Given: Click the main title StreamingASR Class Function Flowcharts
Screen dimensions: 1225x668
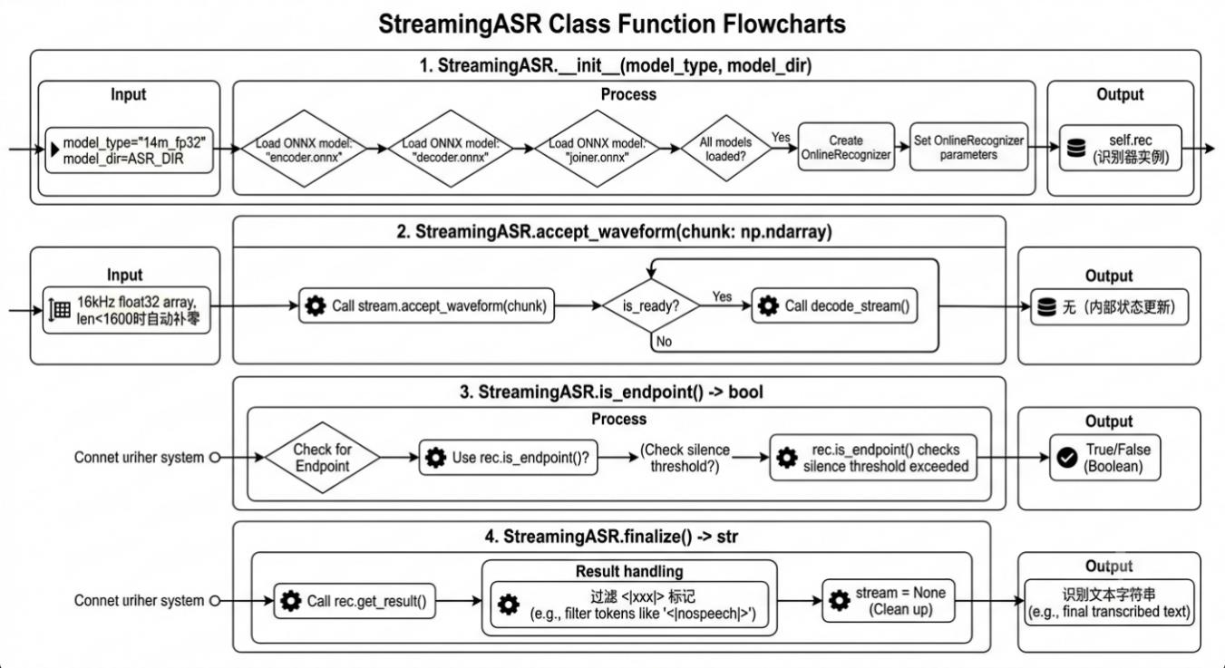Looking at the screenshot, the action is point(612,24).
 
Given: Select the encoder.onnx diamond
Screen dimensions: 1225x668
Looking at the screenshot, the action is point(304,149).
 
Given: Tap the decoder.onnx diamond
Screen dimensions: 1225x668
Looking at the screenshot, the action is point(451,149).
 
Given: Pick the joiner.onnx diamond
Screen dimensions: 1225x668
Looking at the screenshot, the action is point(598,149).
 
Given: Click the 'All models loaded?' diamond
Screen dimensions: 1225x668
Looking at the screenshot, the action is point(725,149).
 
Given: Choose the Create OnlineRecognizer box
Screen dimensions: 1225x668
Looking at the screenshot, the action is point(846,147).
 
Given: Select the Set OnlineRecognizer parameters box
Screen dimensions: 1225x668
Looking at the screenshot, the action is point(968,147).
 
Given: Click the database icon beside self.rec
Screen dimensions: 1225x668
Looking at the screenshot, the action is point(1076,148).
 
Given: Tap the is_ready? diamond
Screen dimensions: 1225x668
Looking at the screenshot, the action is point(651,305).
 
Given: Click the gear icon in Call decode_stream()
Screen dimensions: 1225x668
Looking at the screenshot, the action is point(768,305).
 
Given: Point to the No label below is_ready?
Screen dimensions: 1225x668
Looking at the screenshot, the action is point(664,342).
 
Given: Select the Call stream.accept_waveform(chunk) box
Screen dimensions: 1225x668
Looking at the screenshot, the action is point(426,305).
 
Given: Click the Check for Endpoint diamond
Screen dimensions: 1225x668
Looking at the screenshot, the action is point(322,458).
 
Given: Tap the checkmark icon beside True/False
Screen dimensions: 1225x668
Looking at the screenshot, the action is point(1067,458).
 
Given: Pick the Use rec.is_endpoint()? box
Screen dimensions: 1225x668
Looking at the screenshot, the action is point(508,458).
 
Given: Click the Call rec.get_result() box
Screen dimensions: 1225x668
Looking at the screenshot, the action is point(355,601).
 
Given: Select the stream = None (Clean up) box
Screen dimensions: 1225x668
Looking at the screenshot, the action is point(889,601).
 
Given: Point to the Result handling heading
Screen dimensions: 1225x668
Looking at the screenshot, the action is point(629,571).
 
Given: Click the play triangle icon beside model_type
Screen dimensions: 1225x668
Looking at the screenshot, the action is point(54,150).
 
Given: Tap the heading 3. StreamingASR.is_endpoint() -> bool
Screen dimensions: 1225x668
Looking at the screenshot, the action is point(611,392).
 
